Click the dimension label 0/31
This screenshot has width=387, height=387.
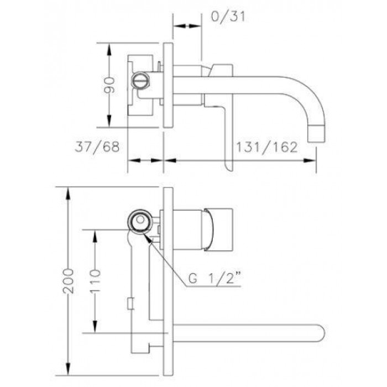click(228, 17)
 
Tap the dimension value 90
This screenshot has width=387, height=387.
click(109, 85)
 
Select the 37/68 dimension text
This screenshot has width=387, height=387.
click(97, 147)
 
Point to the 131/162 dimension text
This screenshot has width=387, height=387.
click(267, 147)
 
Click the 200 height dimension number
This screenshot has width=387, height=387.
click(68, 281)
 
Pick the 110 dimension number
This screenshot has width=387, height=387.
click(95, 281)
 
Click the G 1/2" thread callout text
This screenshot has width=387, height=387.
click(215, 278)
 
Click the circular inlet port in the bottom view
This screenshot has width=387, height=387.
click(140, 221)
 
